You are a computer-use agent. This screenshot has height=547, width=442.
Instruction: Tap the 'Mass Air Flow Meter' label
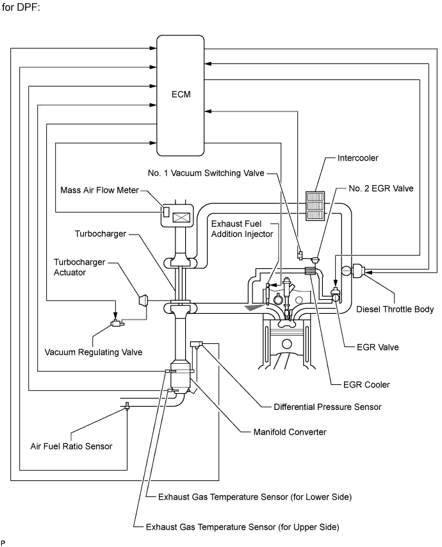pos(99,190)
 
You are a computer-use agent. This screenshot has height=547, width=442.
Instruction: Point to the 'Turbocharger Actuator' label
pos(80,266)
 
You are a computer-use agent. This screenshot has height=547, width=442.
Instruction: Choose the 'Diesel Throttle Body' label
pos(395,309)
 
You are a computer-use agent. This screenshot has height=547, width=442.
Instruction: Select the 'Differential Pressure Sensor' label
pos(327,406)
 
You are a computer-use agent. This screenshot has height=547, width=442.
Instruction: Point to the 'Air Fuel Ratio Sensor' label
pos(71,446)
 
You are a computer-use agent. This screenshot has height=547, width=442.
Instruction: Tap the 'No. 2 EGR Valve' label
pos(381,188)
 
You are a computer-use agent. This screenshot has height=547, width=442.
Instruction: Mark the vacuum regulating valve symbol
pos(117,323)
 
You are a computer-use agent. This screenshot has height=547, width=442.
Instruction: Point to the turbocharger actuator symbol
pos(143,300)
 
